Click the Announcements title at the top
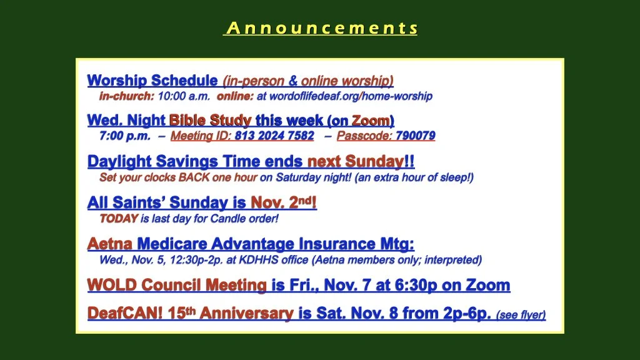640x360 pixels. [321, 28]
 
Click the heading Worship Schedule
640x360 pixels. [152, 81]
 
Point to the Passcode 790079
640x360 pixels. [415, 136]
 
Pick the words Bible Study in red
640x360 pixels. [210, 121]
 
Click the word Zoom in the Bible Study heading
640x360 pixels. [371, 121]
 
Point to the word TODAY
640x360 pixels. [119, 219]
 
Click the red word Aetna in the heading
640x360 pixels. [109, 244]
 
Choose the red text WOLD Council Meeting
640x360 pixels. [177, 286]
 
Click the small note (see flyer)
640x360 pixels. [521, 315]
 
